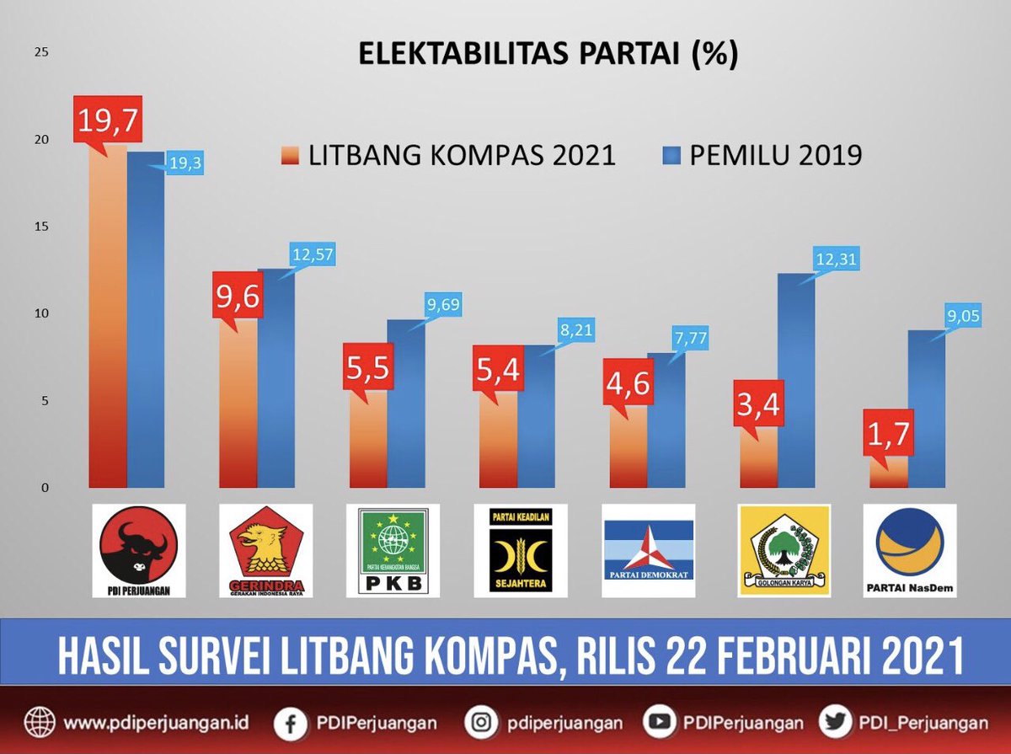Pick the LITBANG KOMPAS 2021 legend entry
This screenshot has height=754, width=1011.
447,156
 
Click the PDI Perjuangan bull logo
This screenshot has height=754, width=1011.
139,550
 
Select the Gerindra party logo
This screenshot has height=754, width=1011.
265,550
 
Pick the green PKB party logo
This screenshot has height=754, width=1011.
393,550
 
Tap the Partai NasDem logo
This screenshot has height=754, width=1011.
910,550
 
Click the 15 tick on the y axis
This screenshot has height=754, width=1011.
40,227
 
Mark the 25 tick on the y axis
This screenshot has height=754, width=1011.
40,52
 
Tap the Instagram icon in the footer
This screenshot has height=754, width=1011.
481,722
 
